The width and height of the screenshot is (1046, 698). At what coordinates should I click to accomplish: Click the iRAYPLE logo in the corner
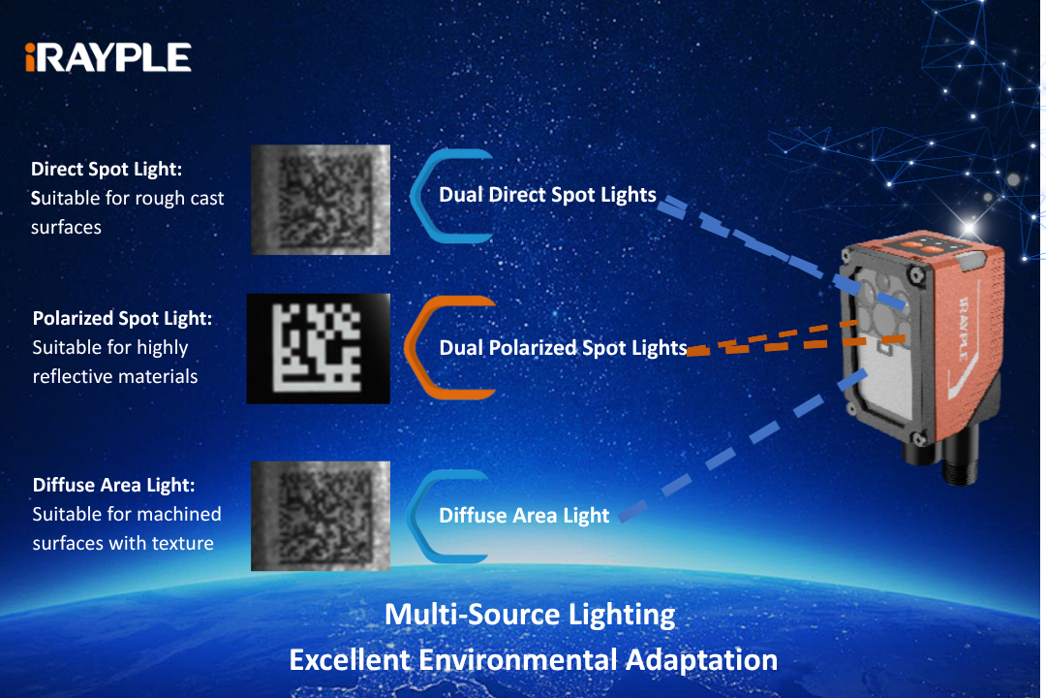(x=108, y=57)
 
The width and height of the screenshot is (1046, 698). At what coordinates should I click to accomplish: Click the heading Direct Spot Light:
(x=107, y=169)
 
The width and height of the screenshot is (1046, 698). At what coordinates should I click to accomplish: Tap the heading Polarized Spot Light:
(x=122, y=319)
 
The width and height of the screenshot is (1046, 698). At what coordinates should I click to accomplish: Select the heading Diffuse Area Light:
(x=114, y=485)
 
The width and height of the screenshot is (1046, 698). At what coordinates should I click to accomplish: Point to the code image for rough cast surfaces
(x=321, y=200)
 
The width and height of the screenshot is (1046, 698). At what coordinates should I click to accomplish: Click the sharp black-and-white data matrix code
(x=319, y=349)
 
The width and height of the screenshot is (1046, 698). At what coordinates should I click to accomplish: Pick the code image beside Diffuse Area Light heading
(x=321, y=516)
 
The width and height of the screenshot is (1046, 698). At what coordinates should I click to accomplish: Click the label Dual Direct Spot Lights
(x=547, y=194)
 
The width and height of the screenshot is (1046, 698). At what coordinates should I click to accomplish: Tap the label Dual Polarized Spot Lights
(x=563, y=347)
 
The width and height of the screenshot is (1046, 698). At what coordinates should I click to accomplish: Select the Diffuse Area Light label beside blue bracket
(x=524, y=515)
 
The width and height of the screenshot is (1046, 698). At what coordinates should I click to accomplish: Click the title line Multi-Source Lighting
(x=531, y=615)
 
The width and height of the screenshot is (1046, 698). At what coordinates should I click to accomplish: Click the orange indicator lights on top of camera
(x=921, y=248)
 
